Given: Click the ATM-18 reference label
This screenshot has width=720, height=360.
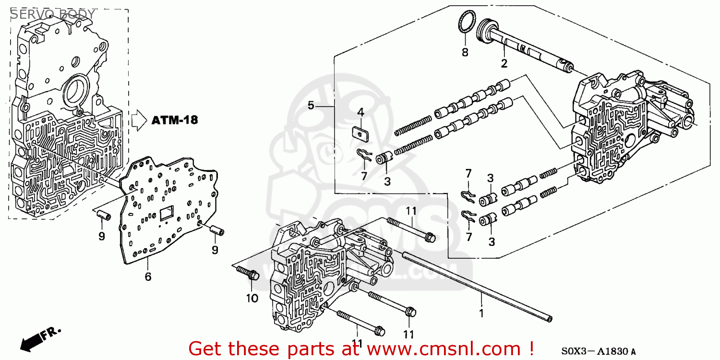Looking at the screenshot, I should pos(175,120).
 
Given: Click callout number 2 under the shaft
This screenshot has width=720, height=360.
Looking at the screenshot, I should pos(504,63).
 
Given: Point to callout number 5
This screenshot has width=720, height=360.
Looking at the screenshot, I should pos(311,105).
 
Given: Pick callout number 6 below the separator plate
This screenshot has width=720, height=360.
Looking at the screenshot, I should pos(148,276).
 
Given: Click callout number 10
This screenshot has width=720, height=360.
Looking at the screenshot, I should pos(252,298).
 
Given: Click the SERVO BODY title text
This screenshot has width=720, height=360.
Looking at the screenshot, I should pos(53,14).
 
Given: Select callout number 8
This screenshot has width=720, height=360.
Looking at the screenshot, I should pos(465,53).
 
